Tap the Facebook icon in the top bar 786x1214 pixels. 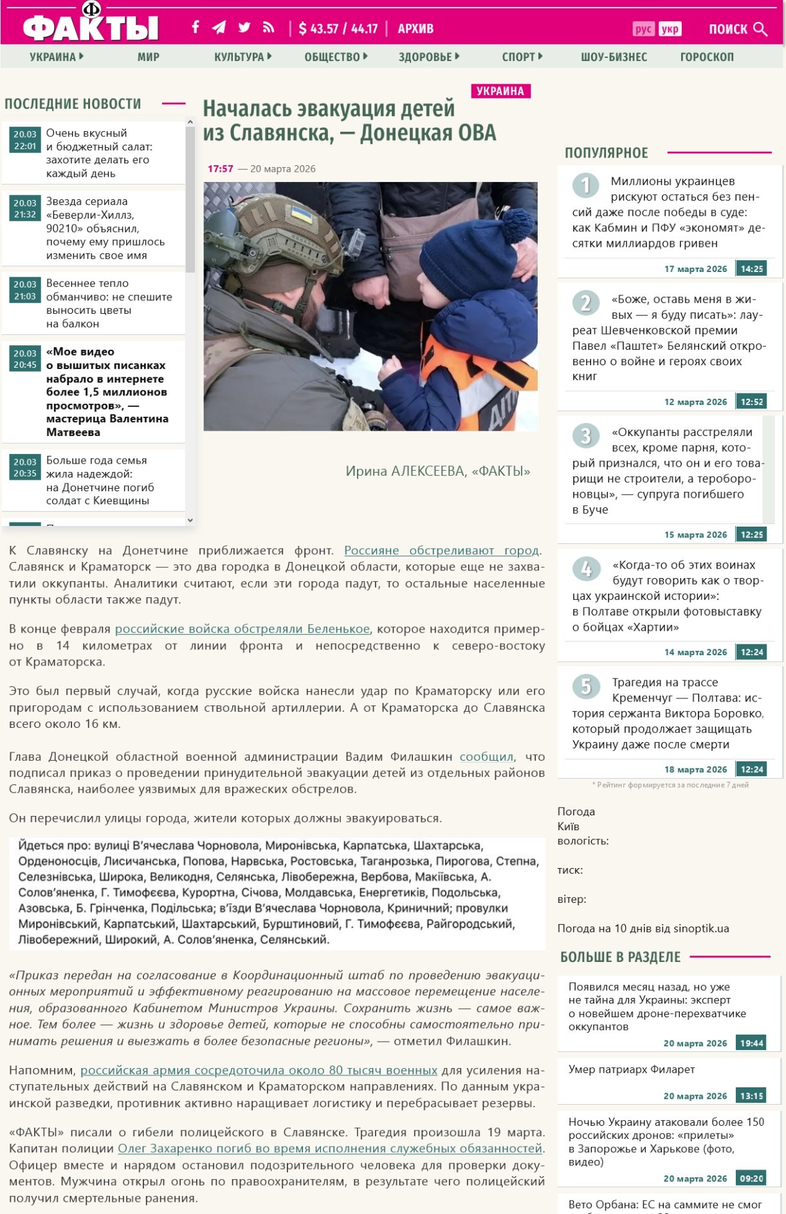point(196,27)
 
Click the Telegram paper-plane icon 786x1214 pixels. point(219,27)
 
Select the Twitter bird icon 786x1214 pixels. point(244,27)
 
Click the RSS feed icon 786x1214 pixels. point(268,27)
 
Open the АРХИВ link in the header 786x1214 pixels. point(416,28)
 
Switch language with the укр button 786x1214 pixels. point(670,29)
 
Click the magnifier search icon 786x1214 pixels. point(760,29)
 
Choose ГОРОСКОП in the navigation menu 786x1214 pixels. point(706,57)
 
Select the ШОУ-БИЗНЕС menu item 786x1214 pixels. point(614,57)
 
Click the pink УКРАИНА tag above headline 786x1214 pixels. point(500,91)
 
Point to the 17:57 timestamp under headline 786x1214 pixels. point(220,168)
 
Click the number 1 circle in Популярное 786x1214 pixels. point(585,185)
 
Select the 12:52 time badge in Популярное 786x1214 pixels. point(751,402)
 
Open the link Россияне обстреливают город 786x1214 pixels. point(441,550)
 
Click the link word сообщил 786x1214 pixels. point(486,756)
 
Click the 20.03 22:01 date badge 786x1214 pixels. point(25,140)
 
